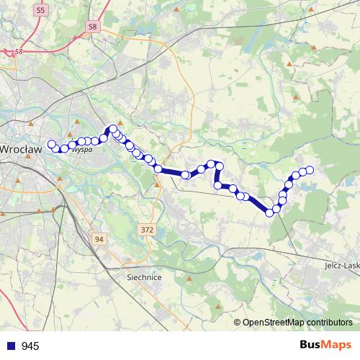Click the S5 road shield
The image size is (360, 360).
40,10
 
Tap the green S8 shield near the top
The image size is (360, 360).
91,27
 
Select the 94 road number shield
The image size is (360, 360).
99,238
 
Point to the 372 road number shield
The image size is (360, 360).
146,229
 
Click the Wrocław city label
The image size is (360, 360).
20,150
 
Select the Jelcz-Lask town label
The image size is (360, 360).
342,265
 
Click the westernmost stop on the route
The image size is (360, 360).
51,144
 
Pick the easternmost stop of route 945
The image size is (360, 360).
310,170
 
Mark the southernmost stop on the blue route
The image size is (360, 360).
270,212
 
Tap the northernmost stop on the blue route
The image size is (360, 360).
112,129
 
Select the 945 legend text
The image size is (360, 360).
30,346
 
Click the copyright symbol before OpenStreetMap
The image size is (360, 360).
238,323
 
